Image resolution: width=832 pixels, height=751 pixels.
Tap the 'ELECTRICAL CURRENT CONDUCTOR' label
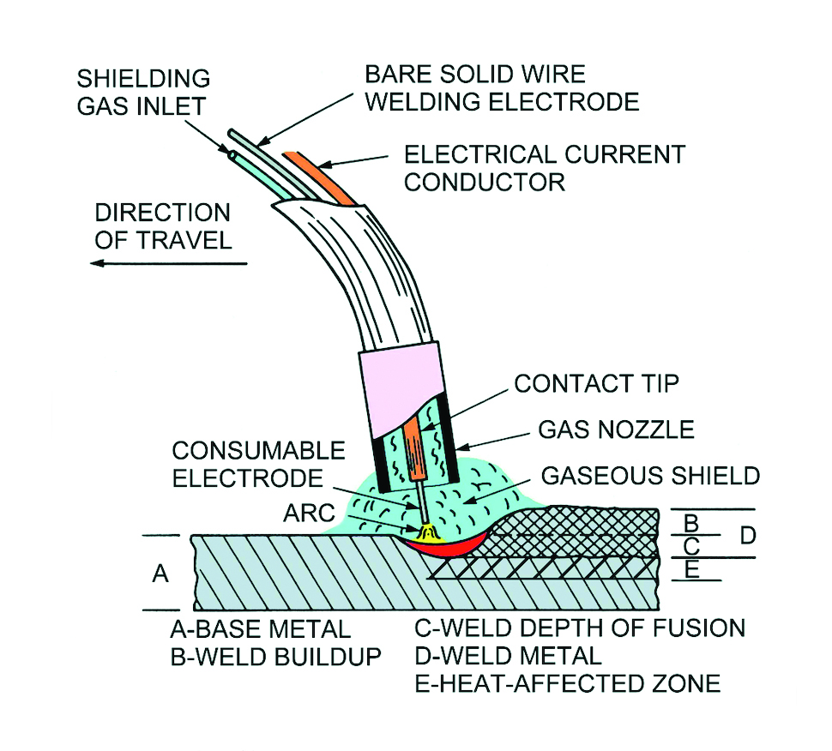[545, 168]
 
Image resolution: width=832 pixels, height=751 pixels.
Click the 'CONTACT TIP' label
[595, 383]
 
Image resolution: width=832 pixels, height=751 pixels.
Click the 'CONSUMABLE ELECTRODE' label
[258, 464]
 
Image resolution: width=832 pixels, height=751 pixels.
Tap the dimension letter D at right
[748, 536]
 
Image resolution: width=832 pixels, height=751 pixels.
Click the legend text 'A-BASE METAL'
[261, 630]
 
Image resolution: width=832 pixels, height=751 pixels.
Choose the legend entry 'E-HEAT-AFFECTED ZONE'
[567, 684]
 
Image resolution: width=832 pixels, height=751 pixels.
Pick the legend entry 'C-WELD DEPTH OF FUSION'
[580, 628]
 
